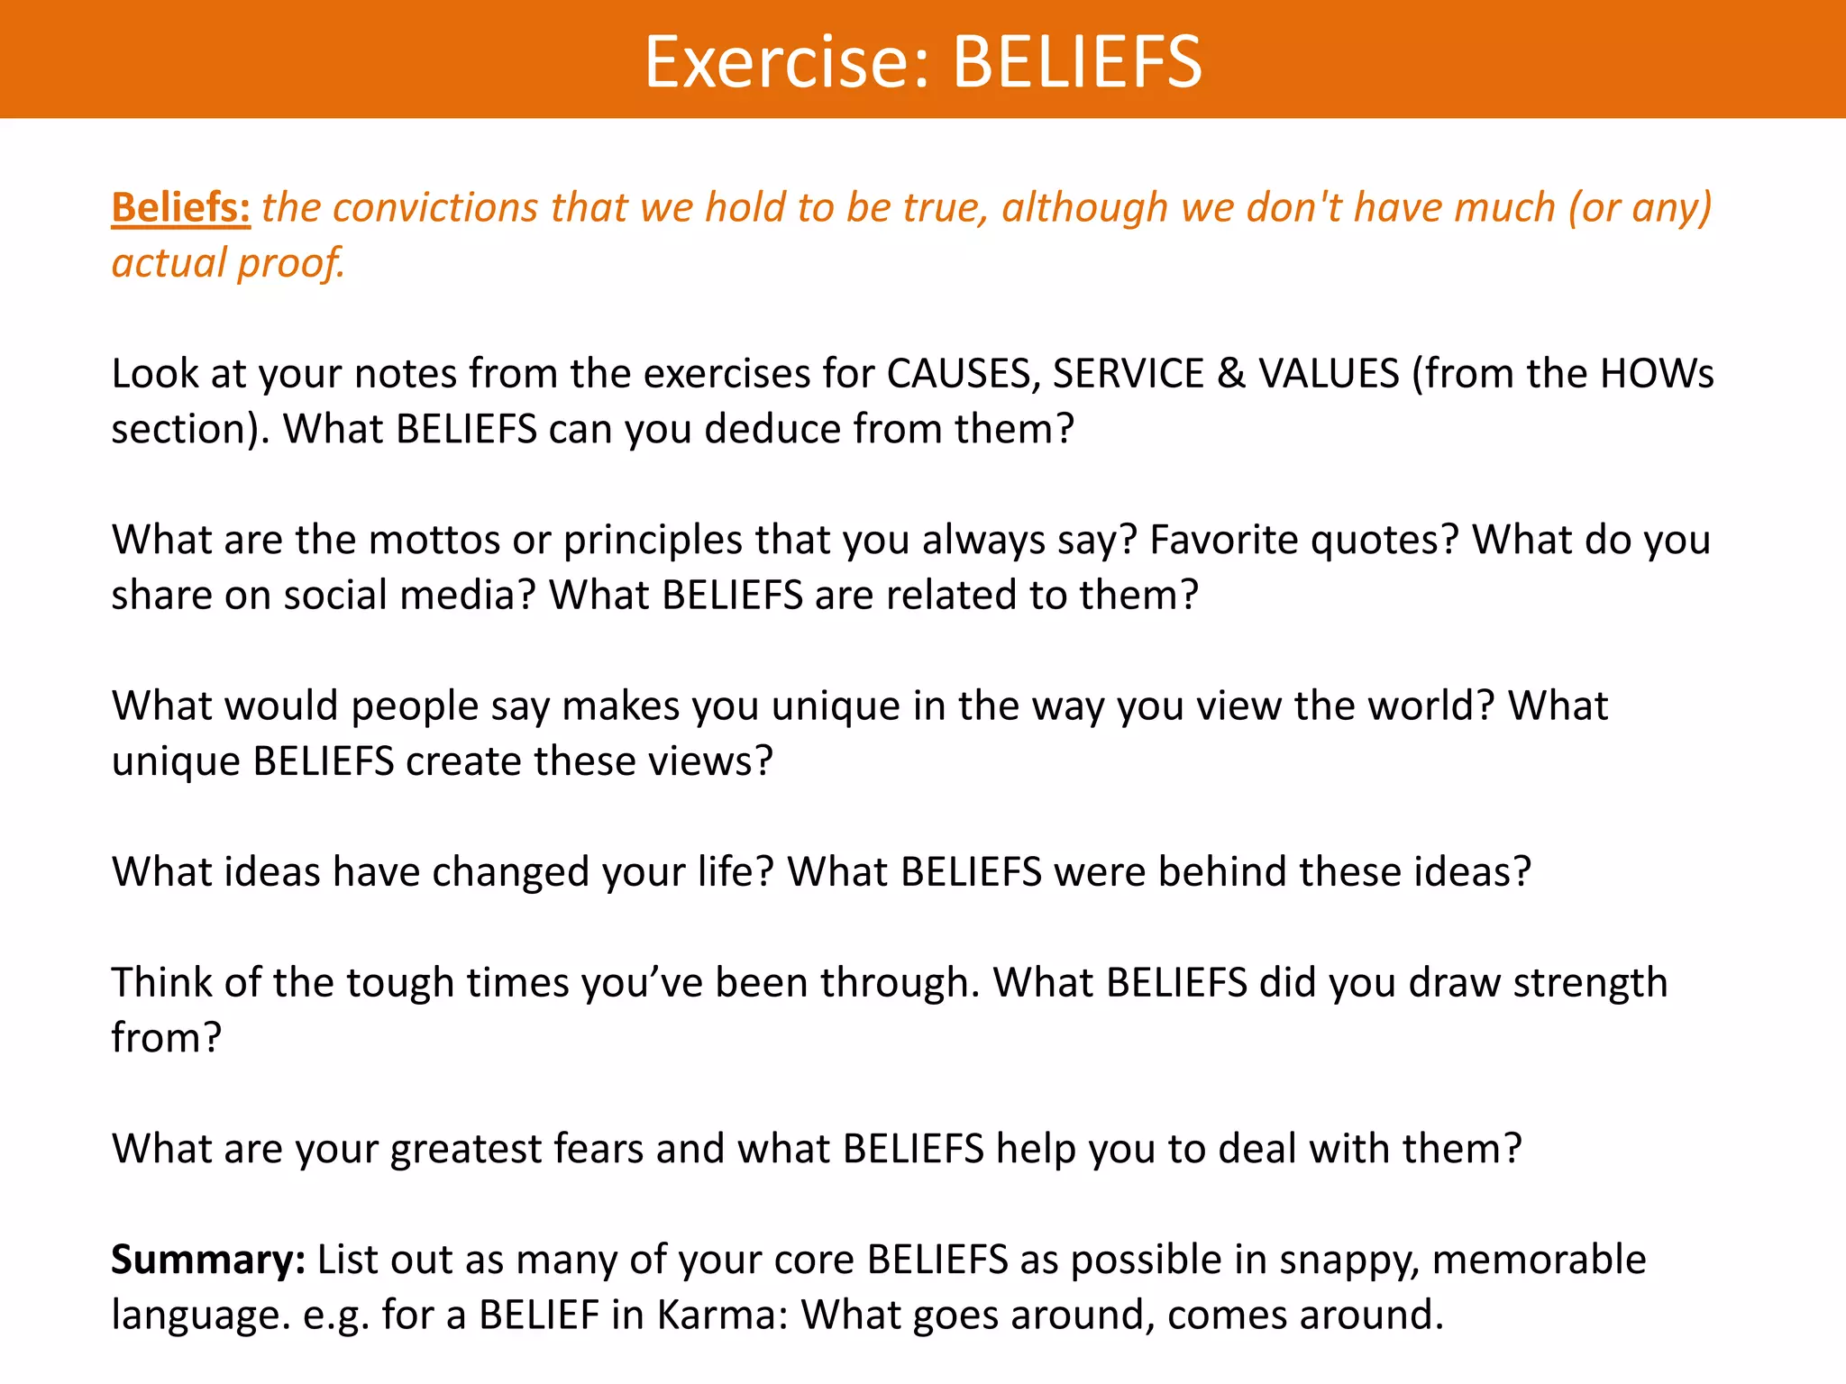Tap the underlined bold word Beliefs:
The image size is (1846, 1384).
[180, 207]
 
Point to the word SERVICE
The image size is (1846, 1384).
[1128, 373]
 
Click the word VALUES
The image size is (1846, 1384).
[1329, 373]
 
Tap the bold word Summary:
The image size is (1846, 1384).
[208, 1260]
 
